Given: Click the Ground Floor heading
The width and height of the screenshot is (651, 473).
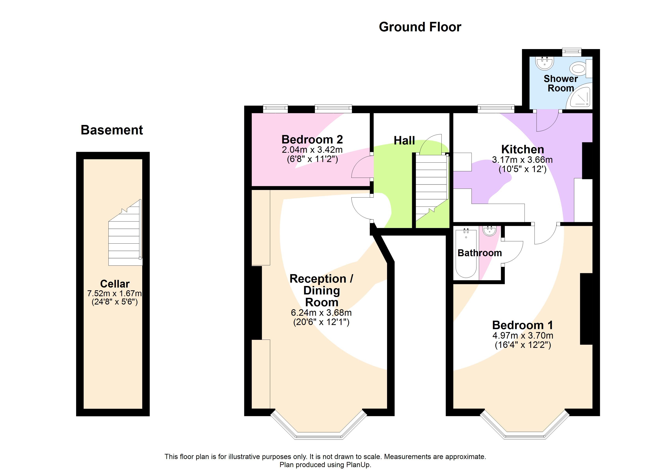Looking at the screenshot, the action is pyautogui.click(x=420, y=27).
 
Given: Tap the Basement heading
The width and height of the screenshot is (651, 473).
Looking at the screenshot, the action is pyautogui.click(x=112, y=130).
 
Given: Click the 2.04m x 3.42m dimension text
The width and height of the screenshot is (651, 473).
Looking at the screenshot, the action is pyautogui.click(x=312, y=150).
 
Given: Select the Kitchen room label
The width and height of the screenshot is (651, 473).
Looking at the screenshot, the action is pyautogui.click(x=522, y=149).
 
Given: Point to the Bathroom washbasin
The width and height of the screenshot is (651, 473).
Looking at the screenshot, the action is pyautogui.click(x=489, y=231).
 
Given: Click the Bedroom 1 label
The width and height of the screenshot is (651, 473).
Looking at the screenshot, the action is pyautogui.click(x=522, y=325).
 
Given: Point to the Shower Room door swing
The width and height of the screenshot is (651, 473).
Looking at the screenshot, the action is pyautogui.click(x=547, y=121).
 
